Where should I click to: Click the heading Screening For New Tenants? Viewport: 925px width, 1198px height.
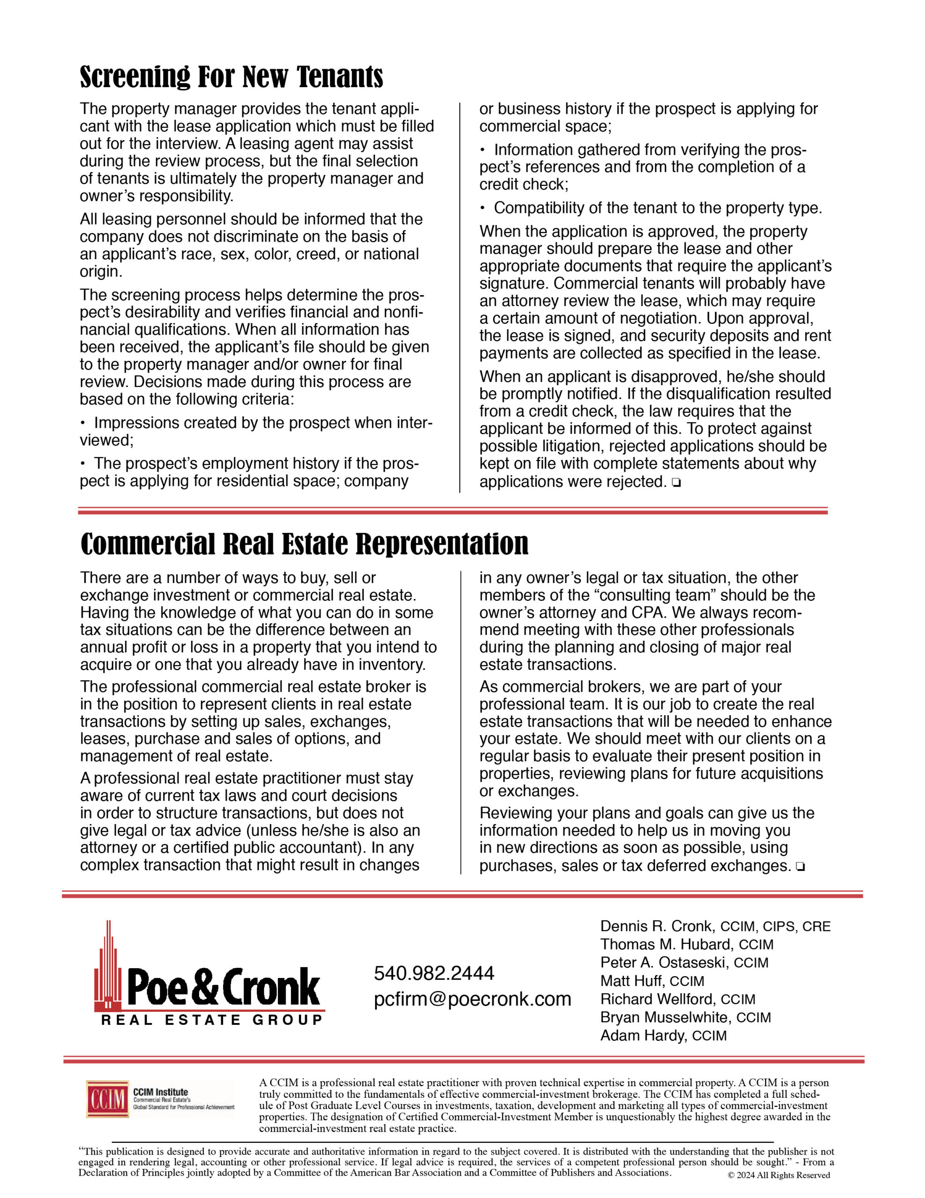(231, 77)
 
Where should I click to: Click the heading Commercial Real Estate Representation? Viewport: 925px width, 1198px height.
(304, 544)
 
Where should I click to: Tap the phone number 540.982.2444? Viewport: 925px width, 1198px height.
(434, 973)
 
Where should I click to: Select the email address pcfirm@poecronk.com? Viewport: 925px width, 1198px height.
(472, 999)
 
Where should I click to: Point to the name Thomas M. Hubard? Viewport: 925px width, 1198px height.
(666, 944)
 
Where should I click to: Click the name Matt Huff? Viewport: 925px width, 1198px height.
(632, 981)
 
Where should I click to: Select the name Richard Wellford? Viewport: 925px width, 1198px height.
(658, 999)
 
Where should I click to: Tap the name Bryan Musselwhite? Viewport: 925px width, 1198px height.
(665, 1017)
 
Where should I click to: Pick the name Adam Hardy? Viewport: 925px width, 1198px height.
(643, 1036)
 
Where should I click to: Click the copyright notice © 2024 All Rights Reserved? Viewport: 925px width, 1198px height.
(779, 1176)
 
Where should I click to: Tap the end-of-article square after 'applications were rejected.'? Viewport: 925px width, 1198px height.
(676, 483)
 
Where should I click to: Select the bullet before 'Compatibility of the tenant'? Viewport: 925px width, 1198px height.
(483, 208)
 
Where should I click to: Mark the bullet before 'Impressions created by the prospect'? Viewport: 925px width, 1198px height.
(83, 423)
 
